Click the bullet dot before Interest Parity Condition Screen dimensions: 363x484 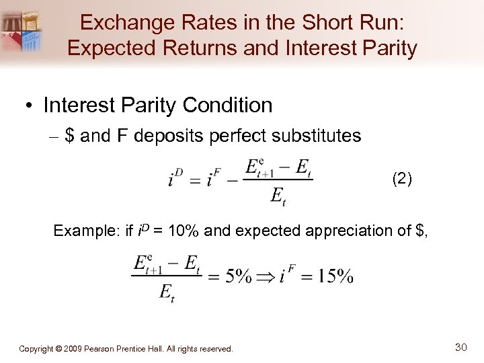coord(30,106)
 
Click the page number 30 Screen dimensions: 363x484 coord(460,347)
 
